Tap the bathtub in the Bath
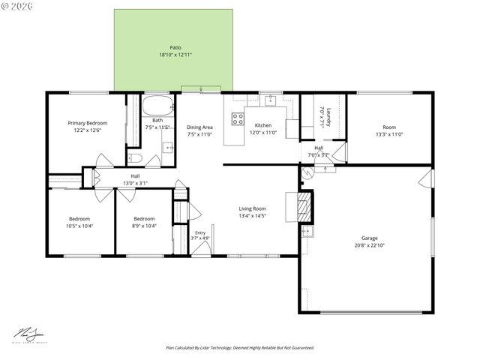point(157,105)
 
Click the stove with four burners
point(238,118)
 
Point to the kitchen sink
point(271,101)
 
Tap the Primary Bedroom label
point(87,123)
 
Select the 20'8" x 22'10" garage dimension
point(368,245)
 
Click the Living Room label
point(253,208)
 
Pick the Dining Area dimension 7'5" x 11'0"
point(199,135)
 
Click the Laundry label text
point(328,116)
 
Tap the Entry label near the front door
point(200,232)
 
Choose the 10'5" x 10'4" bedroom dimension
point(79,226)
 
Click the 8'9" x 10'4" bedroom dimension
point(143,226)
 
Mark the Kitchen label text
point(262,125)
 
